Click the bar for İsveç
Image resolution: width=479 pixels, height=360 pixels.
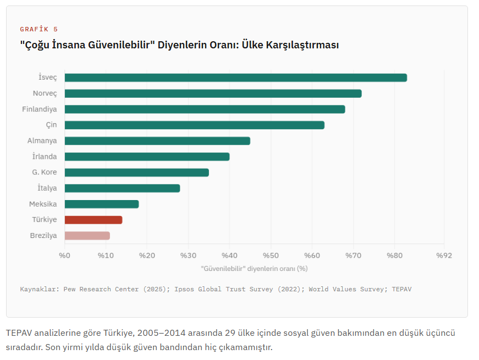click(x=235, y=77)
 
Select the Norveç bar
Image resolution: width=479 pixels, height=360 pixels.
click(x=213, y=93)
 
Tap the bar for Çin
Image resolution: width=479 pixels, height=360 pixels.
click(x=194, y=125)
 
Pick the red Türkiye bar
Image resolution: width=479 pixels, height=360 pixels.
click(x=93, y=220)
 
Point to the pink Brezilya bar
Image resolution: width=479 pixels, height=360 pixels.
click(x=87, y=236)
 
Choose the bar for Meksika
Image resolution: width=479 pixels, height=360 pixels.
click(x=102, y=204)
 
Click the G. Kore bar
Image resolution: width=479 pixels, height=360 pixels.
click(x=136, y=173)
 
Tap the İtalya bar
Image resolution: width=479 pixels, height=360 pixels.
click(x=122, y=189)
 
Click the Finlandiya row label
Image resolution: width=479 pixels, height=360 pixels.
click(x=39, y=109)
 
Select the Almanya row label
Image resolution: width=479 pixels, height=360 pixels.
click(x=42, y=141)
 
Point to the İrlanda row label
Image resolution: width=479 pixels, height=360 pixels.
click(x=45, y=157)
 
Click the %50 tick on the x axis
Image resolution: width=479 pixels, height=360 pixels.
click(x=271, y=256)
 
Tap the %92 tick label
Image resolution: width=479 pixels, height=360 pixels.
click(x=444, y=256)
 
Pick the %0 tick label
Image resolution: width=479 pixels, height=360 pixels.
click(x=65, y=256)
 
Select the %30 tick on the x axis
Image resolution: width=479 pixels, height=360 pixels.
click(x=188, y=256)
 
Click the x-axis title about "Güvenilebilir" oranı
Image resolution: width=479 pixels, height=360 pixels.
click(x=254, y=269)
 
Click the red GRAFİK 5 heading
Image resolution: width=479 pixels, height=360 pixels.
click(x=38, y=29)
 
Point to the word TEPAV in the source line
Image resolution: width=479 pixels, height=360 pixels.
click(x=401, y=289)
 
